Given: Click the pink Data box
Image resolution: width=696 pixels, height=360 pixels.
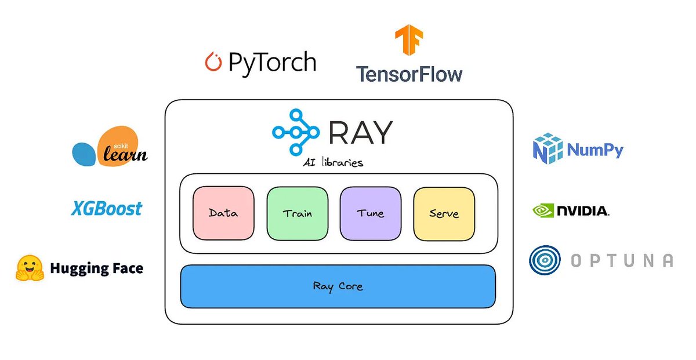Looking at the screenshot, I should pos(223,213).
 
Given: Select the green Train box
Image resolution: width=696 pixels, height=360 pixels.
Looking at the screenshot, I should pos(297,213).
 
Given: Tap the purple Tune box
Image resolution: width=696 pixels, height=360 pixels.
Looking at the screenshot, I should pos(371,213).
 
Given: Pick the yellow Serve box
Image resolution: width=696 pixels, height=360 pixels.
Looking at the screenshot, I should pos(444,213).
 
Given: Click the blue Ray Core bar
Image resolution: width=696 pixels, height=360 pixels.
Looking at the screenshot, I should pos(338,286).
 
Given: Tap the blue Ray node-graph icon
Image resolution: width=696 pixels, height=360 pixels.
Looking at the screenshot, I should pos(295,132).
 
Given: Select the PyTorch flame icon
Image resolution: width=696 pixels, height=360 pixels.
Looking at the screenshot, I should pos(213,62).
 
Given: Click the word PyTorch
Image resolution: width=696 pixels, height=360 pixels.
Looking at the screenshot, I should pos(272,62).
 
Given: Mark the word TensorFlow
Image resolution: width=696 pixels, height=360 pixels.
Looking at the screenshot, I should pos(409,74).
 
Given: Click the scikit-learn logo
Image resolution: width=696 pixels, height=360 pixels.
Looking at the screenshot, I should pos(110,147).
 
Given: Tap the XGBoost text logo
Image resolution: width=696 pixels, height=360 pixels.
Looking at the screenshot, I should pos(107,208).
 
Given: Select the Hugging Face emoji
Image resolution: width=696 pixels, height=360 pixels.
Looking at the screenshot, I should pos(30,268).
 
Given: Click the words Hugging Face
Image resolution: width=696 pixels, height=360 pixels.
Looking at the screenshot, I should pos(96,268).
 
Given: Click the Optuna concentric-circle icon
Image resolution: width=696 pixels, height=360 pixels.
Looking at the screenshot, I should pos(545,260).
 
